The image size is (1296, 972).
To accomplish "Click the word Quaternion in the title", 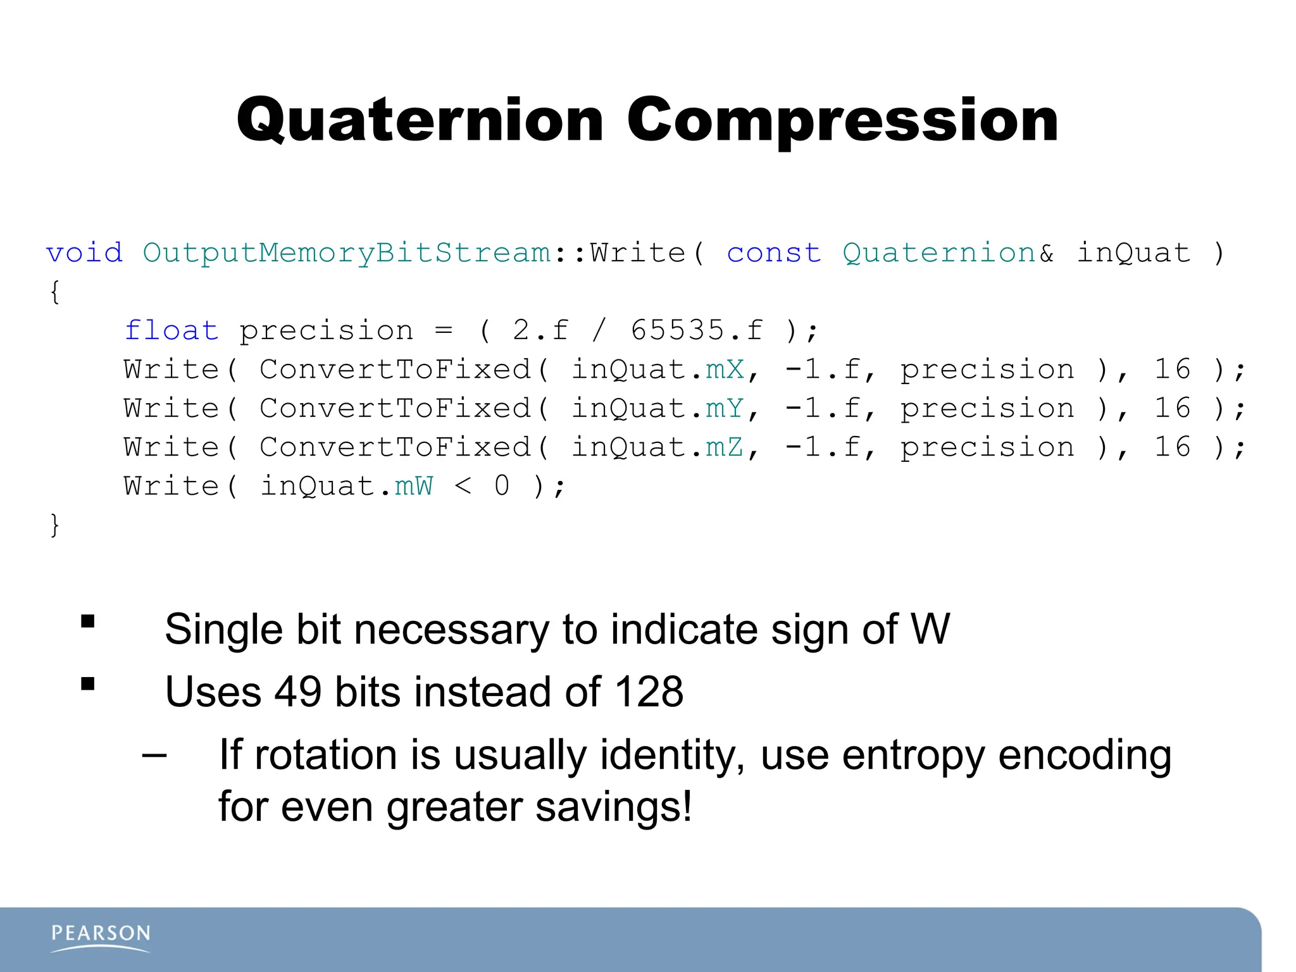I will pos(420,121).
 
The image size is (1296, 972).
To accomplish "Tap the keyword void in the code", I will pos(84,253).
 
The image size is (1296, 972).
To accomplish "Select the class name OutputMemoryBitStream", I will pos(347,253).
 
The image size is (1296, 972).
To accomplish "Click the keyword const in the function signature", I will pos(773,253).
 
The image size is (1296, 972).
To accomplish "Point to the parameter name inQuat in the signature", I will pos(1133,253).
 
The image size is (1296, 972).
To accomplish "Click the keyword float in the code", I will pos(171,330).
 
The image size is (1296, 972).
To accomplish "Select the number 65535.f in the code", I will pos(697,330).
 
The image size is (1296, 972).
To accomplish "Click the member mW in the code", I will pos(414,487).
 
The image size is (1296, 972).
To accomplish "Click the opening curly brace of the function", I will pos(55,292).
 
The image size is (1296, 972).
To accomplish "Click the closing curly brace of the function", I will pos(55,525).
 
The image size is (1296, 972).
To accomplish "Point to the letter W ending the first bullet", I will pos(930,630).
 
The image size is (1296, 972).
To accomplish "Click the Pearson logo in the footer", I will pos(101,937).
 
